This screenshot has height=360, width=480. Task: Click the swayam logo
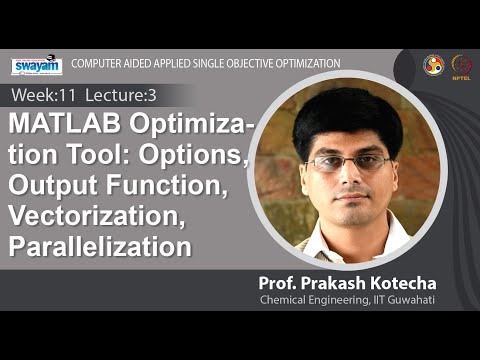36,65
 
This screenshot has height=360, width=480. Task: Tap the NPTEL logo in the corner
461,64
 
